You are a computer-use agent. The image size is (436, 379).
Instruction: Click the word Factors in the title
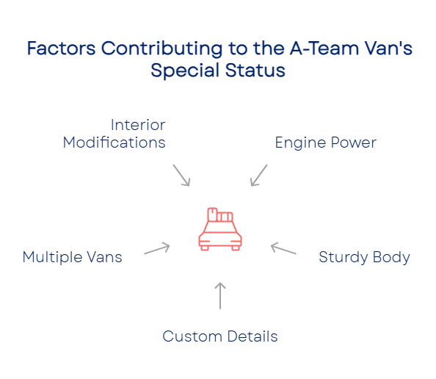(x=62, y=48)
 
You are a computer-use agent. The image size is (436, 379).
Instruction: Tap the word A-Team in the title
(x=324, y=48)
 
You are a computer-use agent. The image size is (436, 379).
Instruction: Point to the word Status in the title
(x=255, y=70)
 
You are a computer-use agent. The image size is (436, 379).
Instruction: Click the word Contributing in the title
(x=161, y=49)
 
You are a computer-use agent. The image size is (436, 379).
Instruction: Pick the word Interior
(x=138, y=125)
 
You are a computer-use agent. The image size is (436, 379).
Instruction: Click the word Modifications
(x=115, y=142)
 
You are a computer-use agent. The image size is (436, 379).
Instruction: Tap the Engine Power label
(x=326, y=142)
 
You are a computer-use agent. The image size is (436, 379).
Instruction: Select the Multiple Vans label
(x=72, y=257)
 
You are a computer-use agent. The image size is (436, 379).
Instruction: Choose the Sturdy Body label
(x=364, y=257)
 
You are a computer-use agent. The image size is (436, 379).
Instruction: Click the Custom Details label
(x=220, y=336)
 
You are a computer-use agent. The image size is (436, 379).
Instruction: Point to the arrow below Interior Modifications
(x=181, y=176)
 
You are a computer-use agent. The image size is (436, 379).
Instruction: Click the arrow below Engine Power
(x=259, y=176)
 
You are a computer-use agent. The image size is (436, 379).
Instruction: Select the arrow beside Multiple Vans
(x=157, y=248)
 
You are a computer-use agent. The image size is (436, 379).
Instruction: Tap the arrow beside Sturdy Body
(x=283, y=248)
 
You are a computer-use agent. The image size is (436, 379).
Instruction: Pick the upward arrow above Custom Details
(x=220, y=296)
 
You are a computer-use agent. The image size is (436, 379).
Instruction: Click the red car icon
(x=220, y=229)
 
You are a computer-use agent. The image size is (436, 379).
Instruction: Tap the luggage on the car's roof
(x=220, y=214)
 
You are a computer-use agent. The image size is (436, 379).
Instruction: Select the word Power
(x=354, y=142)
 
